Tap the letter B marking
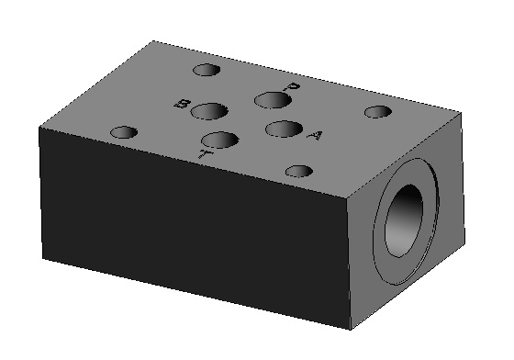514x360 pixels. coord(183,105)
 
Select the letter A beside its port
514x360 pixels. coord(315,135)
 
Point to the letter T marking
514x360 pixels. coord(206,153)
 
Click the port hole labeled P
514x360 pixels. coord(273,100)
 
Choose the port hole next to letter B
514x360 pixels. coord(209,111)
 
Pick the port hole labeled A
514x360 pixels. coord(284,129)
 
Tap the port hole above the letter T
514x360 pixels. coord(219,141)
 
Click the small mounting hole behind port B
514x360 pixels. coord(207,70)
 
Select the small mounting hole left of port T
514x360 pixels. coord(124,132)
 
